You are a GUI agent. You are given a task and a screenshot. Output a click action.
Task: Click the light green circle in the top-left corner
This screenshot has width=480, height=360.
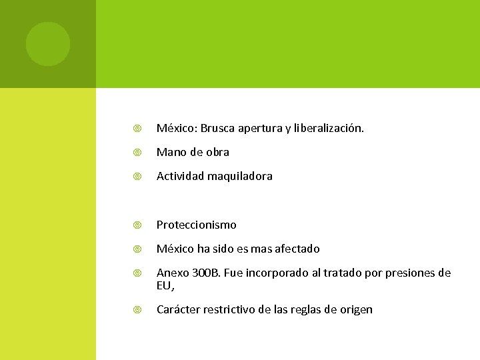(48, 44)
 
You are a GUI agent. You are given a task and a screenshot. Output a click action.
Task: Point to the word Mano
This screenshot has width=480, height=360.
(171, 152)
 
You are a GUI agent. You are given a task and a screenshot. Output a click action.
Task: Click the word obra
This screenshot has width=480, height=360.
(217, 152)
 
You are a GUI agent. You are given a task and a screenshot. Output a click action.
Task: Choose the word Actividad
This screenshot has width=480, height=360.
(180, 177)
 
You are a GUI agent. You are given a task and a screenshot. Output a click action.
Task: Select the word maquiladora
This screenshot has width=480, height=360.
(240, 177)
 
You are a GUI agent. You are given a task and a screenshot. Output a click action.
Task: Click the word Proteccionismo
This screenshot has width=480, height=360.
(197, 225)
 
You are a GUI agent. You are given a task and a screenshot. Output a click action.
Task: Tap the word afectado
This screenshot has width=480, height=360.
(295, 249)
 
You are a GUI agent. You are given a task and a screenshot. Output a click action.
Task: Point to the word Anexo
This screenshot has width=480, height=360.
(172, 273)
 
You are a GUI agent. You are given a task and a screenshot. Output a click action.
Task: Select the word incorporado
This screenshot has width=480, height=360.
(280, 273)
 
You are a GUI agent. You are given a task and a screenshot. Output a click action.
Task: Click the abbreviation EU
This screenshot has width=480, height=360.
(164, 285)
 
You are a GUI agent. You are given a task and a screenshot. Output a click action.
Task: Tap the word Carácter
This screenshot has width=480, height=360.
(178, 309)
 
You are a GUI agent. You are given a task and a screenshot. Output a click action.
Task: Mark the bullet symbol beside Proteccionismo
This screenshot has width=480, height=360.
(137, 225)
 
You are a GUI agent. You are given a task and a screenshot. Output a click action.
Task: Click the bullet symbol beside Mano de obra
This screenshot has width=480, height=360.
(137, 153)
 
